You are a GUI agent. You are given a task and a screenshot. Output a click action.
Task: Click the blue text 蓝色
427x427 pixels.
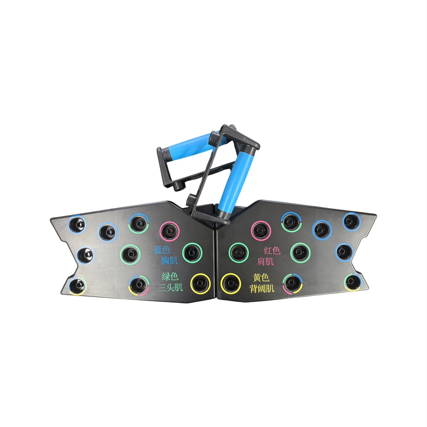point(162,250)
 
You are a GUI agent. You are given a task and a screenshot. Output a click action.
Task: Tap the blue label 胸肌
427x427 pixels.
point(169,260)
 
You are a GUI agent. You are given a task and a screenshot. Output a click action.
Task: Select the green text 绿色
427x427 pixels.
point(170,276)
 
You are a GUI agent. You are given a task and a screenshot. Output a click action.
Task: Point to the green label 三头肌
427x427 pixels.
point(170,287)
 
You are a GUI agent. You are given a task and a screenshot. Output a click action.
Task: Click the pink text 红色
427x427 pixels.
point(272,250)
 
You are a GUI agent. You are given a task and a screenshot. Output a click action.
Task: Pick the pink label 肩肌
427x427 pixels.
point(265,261)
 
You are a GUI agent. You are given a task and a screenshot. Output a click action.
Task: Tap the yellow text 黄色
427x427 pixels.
point(261,278)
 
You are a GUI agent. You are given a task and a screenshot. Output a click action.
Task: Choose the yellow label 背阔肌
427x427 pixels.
point(262,288)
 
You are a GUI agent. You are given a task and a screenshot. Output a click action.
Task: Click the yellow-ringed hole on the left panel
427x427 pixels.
point(200,283)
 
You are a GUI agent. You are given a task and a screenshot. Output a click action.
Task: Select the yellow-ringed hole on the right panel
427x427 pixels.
point(231,284)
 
